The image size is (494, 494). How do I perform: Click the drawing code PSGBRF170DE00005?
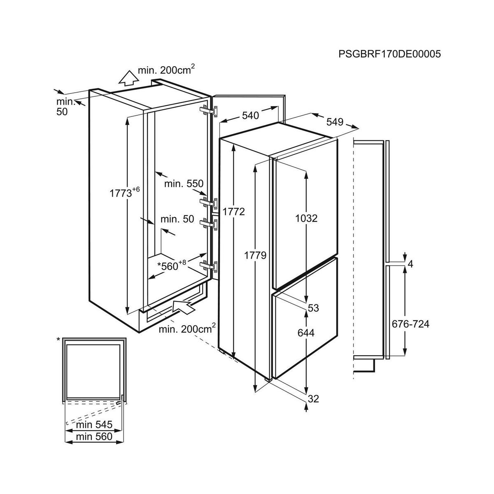pyautogui.click(x=389, y=54)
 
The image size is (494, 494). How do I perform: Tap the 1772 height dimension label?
pyautogui.click(x=233, y=212)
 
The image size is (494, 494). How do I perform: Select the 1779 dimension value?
pyautogui.click(x=255, y=255)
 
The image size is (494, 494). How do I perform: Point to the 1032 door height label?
pyautogui.click(x=306, y=219)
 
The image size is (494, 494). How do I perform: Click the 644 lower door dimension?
pyautogui.click(x=306, y=333)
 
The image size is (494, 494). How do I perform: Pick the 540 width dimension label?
pyautogui.click(x=250, y=116)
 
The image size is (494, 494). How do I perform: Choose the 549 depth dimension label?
pyautogui.click(x=335, y=122)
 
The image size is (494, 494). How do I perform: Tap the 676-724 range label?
pyautogui.click(x=410, y=324)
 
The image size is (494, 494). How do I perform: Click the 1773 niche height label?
pyautogui.click(x=125, y=192)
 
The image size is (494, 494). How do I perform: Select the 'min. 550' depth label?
pyautogui.click(x=184, y=184)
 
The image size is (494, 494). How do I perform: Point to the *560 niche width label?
pyautogui.click(x=172, y=266)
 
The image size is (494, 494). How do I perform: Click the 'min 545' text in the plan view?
pyautogui.click(x=94, y=424)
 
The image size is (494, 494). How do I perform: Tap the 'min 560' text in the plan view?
pyautogui.click(x=94, y=436)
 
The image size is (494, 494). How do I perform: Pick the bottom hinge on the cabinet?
pyautogui.click(x=210, y=266)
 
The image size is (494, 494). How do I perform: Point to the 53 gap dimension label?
pyautogui.click(x=313, y=308)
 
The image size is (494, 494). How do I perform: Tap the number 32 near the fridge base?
pyautogui.click(x=313, y=398)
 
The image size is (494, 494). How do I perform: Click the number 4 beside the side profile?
pyautogui.click(x=410, y=264)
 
